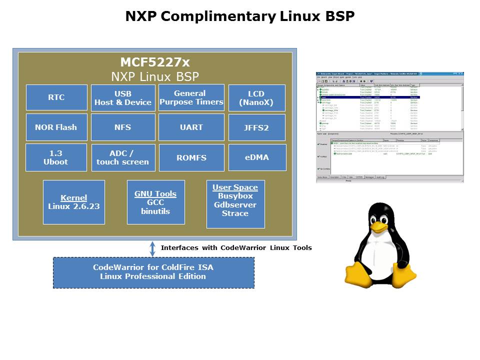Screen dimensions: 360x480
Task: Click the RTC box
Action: [x=56, y=97]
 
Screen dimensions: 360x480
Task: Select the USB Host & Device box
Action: [x=123, y=98]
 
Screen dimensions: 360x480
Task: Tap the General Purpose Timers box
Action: [x=191, y=97]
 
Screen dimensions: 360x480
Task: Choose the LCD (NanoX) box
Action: [x=256, y=98]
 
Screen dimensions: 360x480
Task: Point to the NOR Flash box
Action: [x=56, y=127]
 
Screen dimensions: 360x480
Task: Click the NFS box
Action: [x=123, y=127]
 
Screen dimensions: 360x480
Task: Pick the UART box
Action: [x=191, y=127]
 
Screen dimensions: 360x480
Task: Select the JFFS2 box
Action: [x=256, y=127]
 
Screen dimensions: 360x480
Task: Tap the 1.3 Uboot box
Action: [x=56, y=157]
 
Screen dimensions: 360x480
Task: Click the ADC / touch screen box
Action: [x=123, y=157]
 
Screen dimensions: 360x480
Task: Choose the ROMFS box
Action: [x=191, y=157]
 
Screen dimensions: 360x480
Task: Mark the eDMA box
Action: [x=256, y=157]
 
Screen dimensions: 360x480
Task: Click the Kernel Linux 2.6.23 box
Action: [x=74, y=202]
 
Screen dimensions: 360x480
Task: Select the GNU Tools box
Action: [x=155, y=202]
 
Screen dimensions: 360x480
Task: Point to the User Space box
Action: [x=235, y=204]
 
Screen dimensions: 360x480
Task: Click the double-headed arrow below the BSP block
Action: [x=152, y=248]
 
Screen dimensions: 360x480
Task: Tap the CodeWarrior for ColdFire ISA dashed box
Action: [x=153, y=272]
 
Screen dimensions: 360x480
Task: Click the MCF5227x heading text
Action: [x=155, y=62]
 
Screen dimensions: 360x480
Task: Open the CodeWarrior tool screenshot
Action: [x=390, y=127]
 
